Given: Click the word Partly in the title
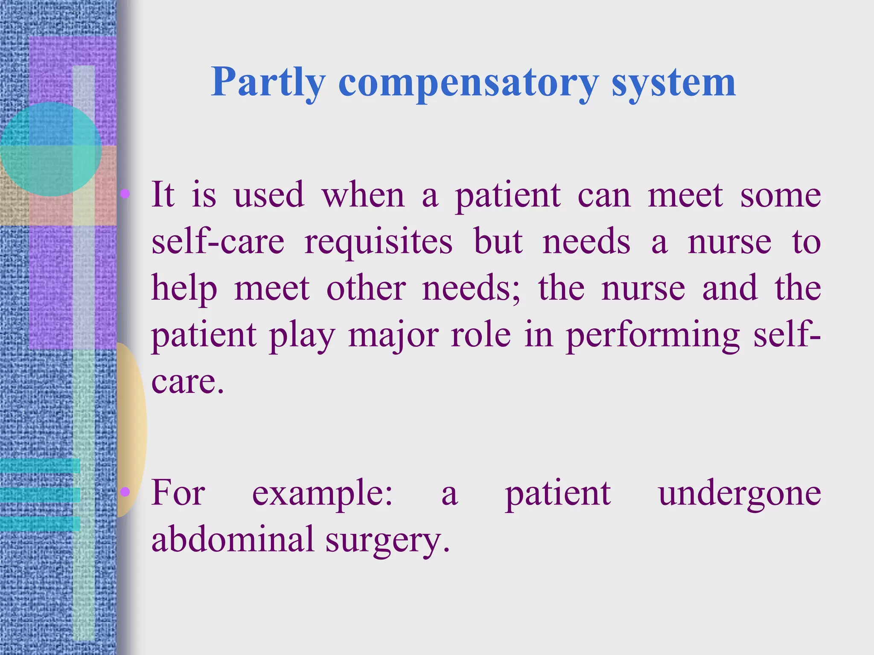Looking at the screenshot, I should point(268,82).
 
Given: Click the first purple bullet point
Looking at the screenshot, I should point(125,194).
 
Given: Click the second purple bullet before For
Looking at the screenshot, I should point(125,492).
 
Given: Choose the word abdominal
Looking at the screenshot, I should point(233,539).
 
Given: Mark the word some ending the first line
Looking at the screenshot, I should point(780,195).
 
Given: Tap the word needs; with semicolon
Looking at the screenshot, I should point(471,288).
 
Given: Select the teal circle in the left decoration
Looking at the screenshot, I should point(50,149).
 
